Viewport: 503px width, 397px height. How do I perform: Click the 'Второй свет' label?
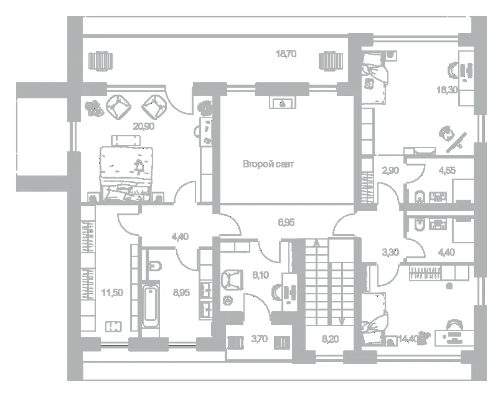click(x=268, y=164)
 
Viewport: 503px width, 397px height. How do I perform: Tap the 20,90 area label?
click(x=144, y=127)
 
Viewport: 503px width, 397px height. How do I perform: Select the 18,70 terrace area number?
click(x=286, y=54)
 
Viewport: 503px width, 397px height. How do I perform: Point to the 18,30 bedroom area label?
click(x=447, y=90)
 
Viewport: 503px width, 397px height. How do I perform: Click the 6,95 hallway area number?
click(x=286, y=222)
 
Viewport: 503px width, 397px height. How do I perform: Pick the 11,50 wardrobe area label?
click(x=112, y=292)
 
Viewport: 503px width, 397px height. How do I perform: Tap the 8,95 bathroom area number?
click(x=181, y=292)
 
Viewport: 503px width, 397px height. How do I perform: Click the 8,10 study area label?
click(x=260, y=275)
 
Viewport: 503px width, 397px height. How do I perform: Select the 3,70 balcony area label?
click(x=259, y=339)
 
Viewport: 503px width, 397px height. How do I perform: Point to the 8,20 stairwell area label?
click(x=330, y=339)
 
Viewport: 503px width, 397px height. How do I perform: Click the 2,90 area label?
click(x=390, y=170)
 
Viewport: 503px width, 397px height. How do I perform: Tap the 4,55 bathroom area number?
click(x=447, y=170)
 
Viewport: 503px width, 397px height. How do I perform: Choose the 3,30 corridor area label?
click(x=390, y=253)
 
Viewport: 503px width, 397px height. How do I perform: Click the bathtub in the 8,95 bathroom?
click(x=151, y=304)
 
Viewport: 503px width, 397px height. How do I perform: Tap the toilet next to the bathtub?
click(x=155, y=266)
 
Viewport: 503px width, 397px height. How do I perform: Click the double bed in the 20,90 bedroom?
click(x=126, y=174)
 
